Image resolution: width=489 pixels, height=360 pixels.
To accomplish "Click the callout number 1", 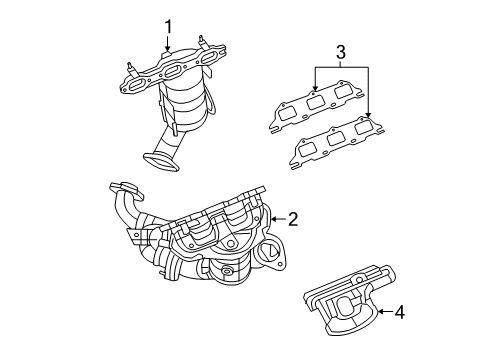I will tap(169, 27).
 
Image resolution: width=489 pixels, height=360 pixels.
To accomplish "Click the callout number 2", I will tap(293, 218).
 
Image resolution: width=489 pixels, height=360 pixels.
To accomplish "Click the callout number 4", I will tap(399, 312).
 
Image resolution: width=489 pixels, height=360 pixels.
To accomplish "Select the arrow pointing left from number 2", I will tap(275, 218).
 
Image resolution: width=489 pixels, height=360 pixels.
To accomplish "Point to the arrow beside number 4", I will tap(380, 312).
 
